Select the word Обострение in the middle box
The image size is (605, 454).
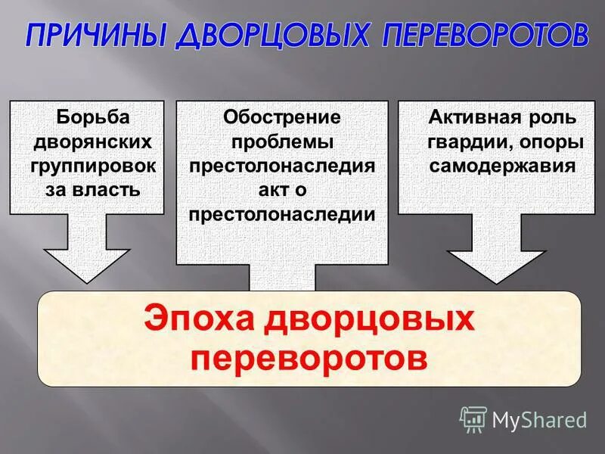(281, 118)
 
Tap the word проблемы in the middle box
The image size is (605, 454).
(282, 141)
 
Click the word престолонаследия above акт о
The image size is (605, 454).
(282, 166)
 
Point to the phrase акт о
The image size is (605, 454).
(281, 189)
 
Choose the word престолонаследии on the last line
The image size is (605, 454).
(282, 213)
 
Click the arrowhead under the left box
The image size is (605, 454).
(87, 261)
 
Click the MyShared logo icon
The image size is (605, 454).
(473, 418)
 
